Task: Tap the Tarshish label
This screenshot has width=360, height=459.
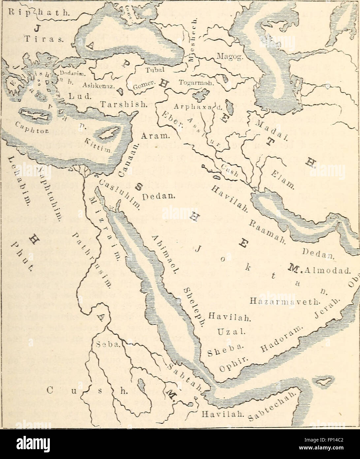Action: (x=123, y=104)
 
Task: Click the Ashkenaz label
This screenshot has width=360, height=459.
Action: (x=98, y=85)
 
